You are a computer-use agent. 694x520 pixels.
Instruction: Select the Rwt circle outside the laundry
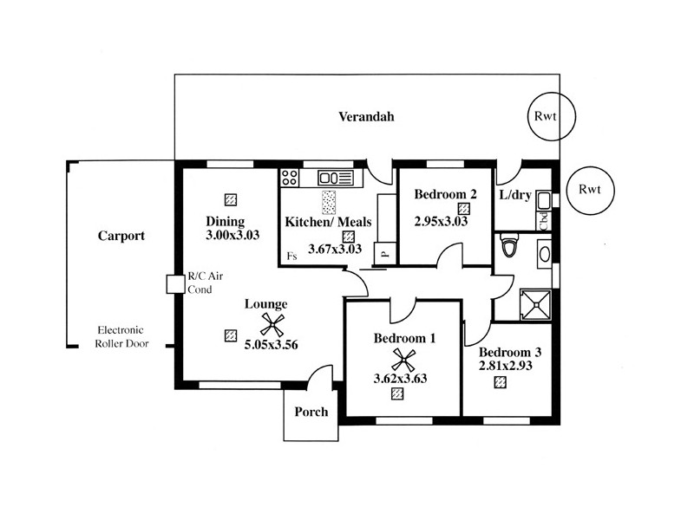(589, 190)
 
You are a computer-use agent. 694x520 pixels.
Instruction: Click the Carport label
(121, 236)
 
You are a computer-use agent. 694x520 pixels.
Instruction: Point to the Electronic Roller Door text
(121, 337)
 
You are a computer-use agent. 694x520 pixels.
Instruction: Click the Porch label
(311, 412)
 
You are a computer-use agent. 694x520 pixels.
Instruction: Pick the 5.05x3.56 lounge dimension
(271, 344)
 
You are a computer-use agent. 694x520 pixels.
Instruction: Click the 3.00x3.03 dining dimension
(233, 235)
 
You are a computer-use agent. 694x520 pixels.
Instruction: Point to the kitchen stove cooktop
(290, 178)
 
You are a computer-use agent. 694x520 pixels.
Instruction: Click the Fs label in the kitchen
(292, 257)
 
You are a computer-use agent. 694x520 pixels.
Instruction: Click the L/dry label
(515, 194)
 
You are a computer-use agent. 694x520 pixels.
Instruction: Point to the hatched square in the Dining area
(231, 198)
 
